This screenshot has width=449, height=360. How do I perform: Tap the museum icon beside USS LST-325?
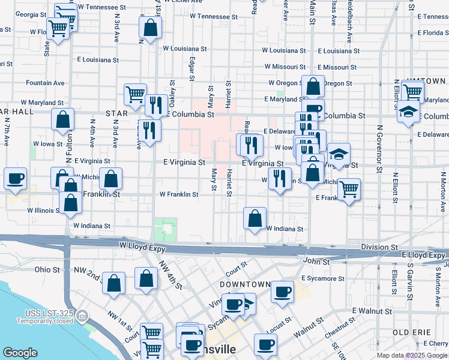click(x=83, y=314)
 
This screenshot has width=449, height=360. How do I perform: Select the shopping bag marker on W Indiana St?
click(x=255, y=218)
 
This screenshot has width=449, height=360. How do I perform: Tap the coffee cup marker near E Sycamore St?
click(x=282, y=292)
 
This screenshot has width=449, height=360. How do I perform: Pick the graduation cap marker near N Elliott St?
click(x=408, y=112)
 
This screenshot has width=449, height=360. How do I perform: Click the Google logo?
click(x=20, y=353)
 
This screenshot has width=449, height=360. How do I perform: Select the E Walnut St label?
click(x=371, y=310)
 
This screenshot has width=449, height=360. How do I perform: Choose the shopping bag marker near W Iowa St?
click(x=62, y=119)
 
